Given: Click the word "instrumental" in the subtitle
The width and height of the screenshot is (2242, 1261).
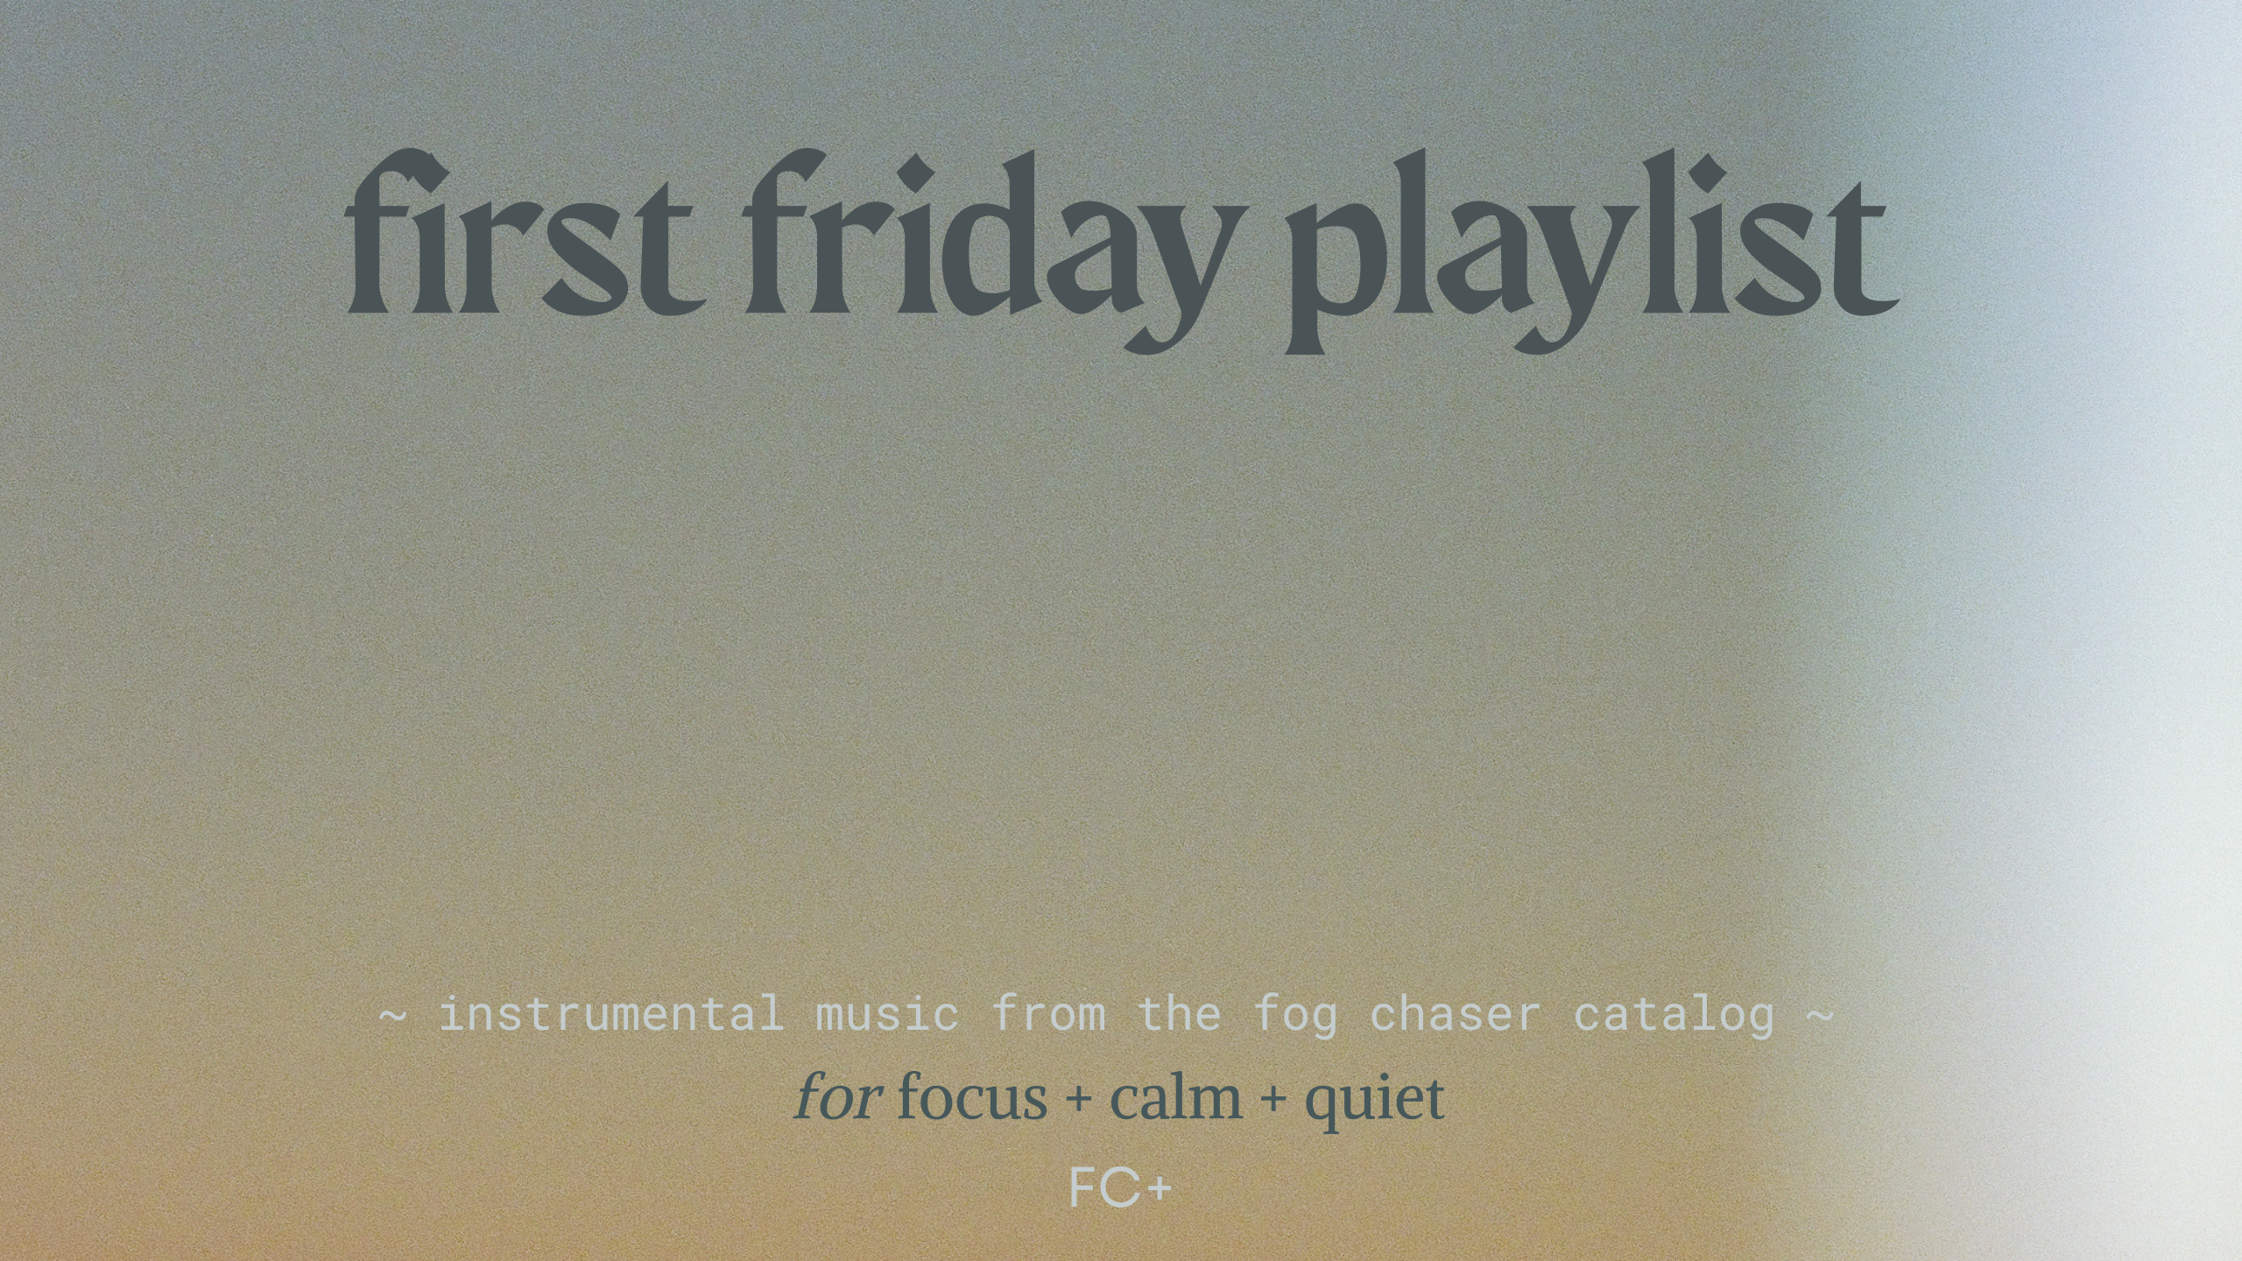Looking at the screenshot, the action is [x=610, y=1015].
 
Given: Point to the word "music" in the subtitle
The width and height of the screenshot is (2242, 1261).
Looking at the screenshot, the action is [x=887, y=1015].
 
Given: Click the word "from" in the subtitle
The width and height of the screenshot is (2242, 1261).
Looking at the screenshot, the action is [x=1048, y=1015].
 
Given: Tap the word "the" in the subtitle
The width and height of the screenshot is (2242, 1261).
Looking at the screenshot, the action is [x=1179, y=1015].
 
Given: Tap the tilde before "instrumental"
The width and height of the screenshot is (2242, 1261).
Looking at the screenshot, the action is [x=393, y=1017].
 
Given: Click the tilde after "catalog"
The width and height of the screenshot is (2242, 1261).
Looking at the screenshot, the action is [x=1820, y=1017].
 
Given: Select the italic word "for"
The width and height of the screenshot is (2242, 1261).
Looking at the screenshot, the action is [x=838, y=1097].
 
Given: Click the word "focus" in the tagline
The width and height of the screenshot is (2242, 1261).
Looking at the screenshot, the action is [x=972, y=1097].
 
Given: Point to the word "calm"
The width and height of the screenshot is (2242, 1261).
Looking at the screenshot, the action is [x=1176, y=1097].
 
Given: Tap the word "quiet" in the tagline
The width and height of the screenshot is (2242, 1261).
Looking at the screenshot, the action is [x=1374, y=1102].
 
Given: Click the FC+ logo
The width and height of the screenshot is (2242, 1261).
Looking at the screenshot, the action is [x=1120, y=1188].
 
